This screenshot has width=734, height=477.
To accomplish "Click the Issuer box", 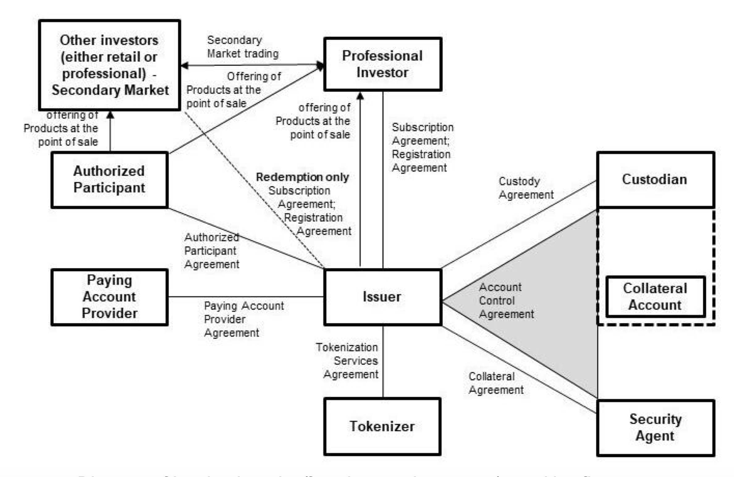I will [382, 297].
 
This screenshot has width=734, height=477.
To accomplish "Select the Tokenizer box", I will [382, 426].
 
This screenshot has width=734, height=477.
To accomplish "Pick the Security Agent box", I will [655, 428].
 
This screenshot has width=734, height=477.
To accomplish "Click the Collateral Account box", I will [655, 297].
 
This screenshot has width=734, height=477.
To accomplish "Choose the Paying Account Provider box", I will [110, 297].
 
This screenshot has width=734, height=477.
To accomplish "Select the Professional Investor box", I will [382, 64].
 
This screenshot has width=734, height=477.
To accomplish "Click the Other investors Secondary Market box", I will [110, 65].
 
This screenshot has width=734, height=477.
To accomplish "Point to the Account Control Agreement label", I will [506, 301].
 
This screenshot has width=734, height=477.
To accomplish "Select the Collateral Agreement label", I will [496, 383].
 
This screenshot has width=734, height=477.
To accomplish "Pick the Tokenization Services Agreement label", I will [347, 361].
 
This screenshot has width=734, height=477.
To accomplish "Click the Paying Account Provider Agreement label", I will [243, 319].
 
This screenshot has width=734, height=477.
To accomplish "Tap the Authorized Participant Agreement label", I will [212, 251].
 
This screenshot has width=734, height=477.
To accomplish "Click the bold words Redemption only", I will [302, 177].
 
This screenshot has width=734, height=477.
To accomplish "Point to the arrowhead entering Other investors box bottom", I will [110, 115].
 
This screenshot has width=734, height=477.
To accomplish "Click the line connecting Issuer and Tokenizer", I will [383, 361].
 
